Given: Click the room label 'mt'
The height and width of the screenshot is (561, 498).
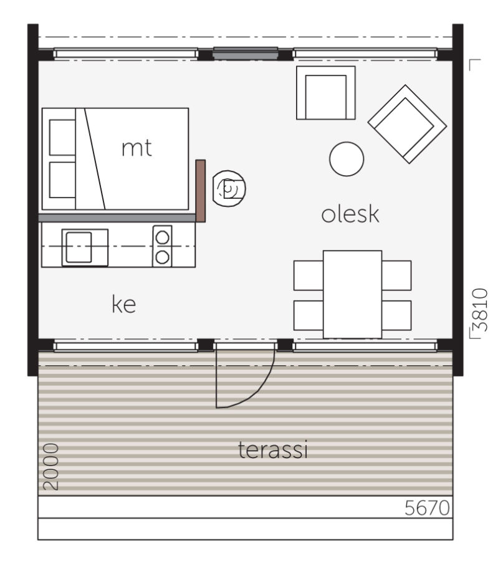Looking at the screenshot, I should pyautogui.click(x=136, y=149).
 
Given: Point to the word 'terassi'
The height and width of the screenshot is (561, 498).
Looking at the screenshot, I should pyautogui.click(x=274, y=450).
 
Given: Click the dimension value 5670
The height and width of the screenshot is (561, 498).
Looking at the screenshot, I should pyautogui.click(x=427, y=508).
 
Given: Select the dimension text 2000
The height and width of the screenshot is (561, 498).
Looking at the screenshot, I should pyautogui.click(x=52, y=467).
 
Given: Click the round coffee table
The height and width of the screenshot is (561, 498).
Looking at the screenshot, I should pyautogui.click(x=346, y=160).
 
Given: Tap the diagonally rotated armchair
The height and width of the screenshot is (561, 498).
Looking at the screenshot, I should pyautogui.click(x=407, y=124).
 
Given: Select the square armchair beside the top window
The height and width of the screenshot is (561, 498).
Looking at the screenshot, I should pyautogui.click(x=325, y=93).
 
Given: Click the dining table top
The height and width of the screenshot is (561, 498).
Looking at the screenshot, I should pyautogui.click(x=352, y=294).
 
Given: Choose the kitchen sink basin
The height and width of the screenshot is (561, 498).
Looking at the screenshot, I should pyautogui.click(x=79, y=247).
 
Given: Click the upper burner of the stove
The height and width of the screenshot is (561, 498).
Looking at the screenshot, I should pyautogui.click(x=163, y=237).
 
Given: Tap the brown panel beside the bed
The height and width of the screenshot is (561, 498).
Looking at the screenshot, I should pyautogui.click(x=201, y=190).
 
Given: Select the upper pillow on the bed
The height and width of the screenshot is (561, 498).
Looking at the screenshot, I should pyautogui.click(x=62, y=135).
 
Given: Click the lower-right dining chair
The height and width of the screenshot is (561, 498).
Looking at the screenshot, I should pyautogui.click(x=397, y=315).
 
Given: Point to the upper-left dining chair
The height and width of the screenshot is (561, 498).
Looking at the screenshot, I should pyautogui.click(x=308, y=275).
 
